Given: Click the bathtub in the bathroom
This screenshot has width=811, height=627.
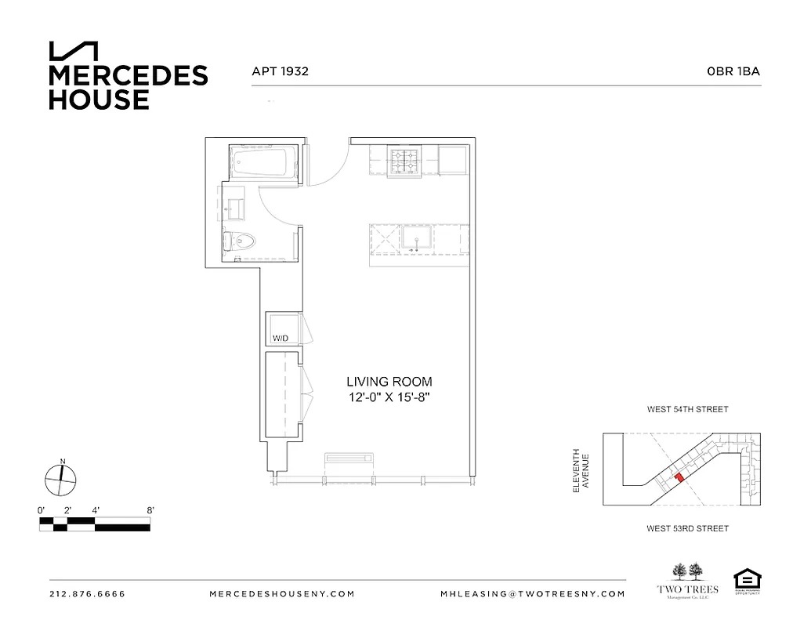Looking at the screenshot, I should tap(264, 162).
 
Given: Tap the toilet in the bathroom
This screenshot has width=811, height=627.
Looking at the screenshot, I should tap(241, 242).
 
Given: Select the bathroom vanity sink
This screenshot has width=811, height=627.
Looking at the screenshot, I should tap(234, 208).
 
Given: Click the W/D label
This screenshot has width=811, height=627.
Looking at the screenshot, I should tap(280, 339).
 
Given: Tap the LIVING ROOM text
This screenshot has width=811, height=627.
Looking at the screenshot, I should tap(389, 382).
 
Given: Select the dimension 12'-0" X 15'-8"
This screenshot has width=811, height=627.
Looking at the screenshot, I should tap(389, 397).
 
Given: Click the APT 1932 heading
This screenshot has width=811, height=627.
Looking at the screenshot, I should tap(280, 71).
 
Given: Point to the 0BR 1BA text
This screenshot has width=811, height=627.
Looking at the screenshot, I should tap(733, 71).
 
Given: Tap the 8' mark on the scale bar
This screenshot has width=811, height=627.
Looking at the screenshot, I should tap(149, 510).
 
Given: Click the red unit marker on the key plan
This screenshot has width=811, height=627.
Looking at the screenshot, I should tap(679, 476).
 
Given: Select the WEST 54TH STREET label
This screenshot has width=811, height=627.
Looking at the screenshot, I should tap(687, 409).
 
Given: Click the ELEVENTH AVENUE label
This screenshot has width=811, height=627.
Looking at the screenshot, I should tap(581, 470).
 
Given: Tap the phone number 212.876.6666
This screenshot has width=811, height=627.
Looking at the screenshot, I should tap(87, 594).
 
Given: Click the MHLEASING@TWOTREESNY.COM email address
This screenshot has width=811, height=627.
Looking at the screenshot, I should tap(533, 594).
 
